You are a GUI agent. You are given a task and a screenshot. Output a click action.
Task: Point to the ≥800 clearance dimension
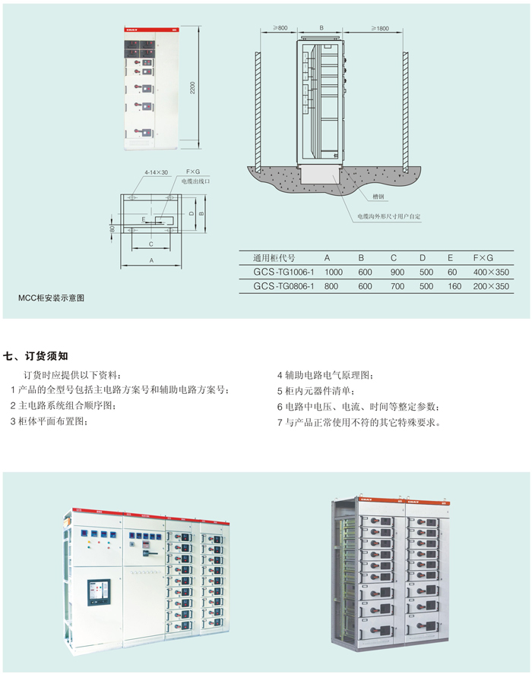coord(278,28)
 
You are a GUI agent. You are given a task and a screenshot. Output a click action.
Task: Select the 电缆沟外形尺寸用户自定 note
coord(389,217)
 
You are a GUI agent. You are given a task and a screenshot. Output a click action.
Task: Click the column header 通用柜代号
coord(274,257)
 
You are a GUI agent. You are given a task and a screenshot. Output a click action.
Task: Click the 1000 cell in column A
coord(334,272)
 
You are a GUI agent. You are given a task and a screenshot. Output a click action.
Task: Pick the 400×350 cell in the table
coord(491,272)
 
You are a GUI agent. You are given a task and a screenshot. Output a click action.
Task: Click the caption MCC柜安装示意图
coord(52,298)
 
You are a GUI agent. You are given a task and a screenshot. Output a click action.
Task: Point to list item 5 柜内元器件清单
coord(315,391)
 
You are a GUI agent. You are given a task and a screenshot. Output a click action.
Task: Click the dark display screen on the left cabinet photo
coord(99,593)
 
